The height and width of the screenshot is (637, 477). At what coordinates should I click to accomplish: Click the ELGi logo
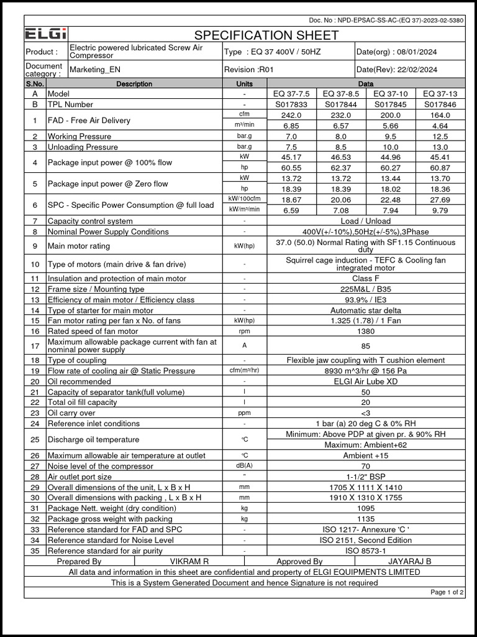(x=47, y=34)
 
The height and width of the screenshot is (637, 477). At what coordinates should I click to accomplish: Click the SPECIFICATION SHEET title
(x=266, y=35)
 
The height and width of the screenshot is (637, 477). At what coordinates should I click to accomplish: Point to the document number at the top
(x=386, y=21)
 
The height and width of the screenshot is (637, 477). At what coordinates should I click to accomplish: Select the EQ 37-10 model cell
(x=390, y=94)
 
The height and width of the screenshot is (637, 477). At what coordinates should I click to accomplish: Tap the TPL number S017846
(x=440, y=105)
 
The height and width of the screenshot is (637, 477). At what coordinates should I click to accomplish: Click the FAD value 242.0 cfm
(x=291, y=115)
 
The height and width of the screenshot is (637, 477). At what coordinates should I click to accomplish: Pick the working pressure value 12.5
(x=440, y=136)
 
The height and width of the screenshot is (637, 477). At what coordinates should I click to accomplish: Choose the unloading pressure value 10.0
(x=390, y=147)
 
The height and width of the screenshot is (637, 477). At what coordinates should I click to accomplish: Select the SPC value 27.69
(x=440, y=200)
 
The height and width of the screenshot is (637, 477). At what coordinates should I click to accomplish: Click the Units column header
(x=245, y=83)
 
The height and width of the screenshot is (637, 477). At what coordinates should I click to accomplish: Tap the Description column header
(x=134, y=83)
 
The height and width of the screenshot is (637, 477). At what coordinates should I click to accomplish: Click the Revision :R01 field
(x=248, y=70)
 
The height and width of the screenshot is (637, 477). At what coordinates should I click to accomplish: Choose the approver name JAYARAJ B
(x=409, y=561)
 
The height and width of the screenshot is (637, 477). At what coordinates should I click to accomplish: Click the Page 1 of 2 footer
(x=447, y=592)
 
